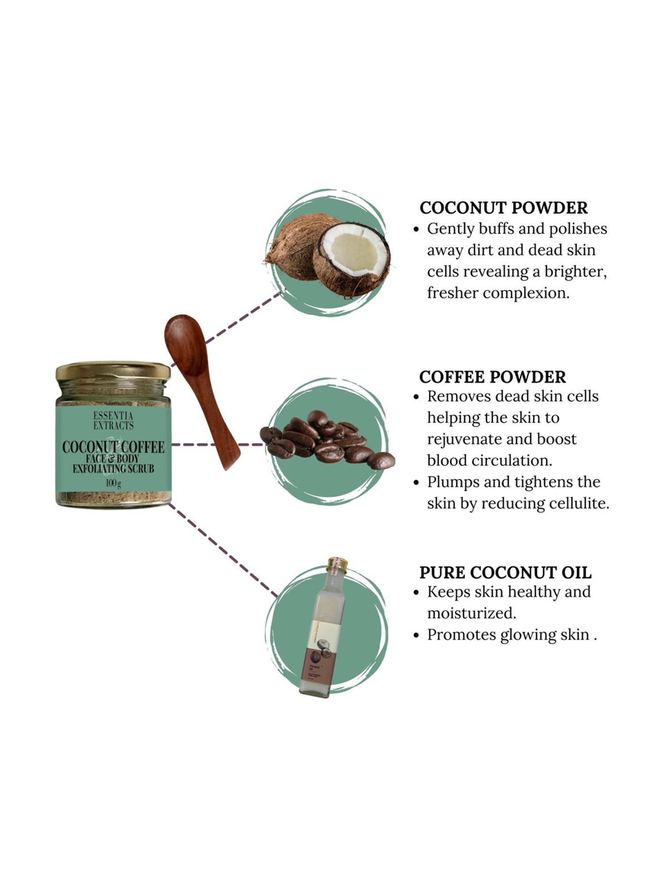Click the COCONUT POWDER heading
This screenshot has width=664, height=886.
point(503,208)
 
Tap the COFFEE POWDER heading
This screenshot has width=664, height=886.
point(492,377)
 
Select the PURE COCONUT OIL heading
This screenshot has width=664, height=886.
point(505,572)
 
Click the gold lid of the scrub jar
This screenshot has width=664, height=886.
point(113,370)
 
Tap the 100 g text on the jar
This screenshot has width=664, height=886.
point(113,483)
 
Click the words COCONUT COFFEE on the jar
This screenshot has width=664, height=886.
point(113,447)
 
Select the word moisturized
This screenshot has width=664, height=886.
point(471,613)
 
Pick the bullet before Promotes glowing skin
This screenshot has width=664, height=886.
point(416,635)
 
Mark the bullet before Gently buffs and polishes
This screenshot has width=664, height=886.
point(416,229)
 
